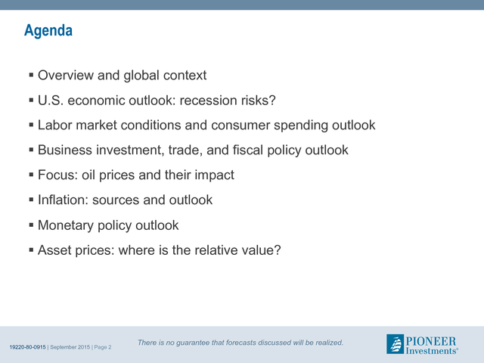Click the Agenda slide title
pos(48,31)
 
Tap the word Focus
pos(57,175)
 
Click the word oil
pos(88,175)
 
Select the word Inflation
pos(64,200)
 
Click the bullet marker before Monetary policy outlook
pos(31,225)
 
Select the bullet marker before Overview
pos(31,75)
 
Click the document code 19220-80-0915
pos(28,347)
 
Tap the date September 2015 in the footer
pos(70,347)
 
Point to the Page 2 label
pos(103,347)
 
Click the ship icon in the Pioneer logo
pos(395,344)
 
